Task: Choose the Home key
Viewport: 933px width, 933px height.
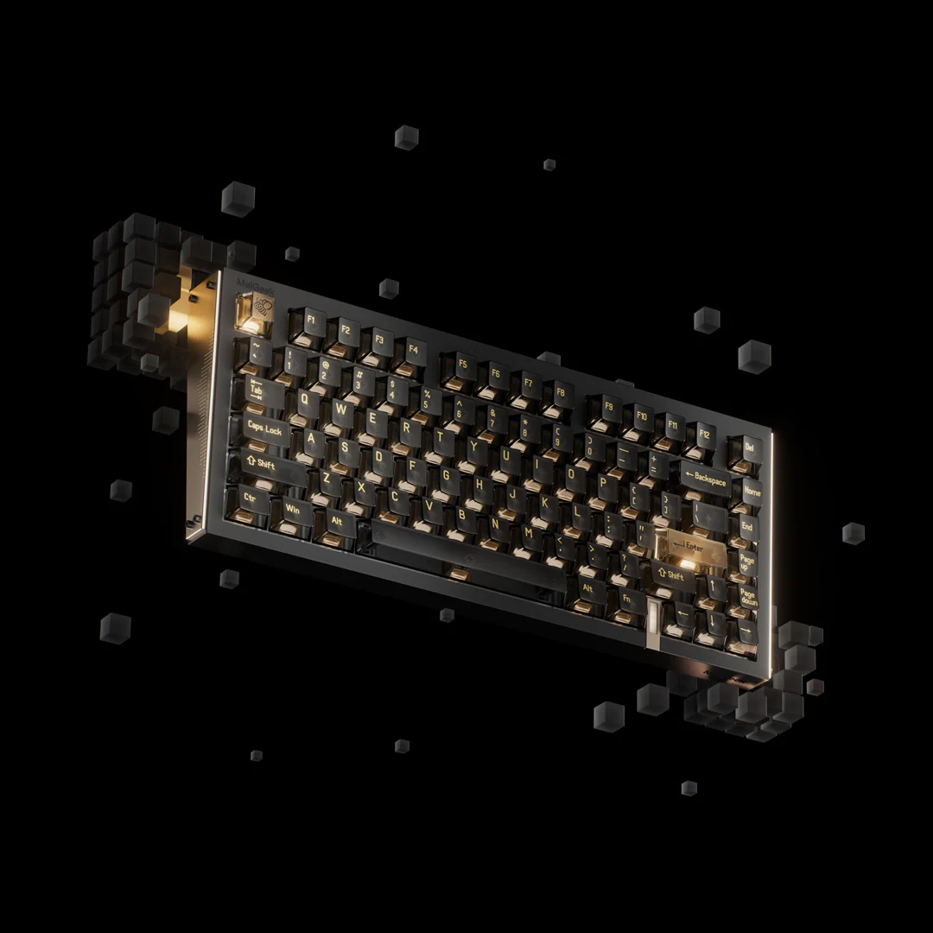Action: click(x=750, y=490)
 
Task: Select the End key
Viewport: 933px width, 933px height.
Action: click(x=747, y=526)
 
